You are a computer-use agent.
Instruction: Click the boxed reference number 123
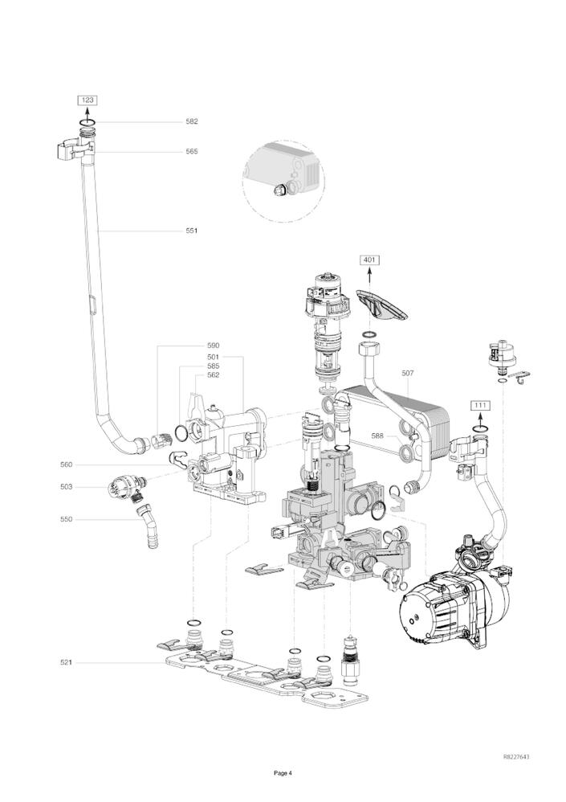(88, 100)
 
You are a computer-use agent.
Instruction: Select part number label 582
(191, 121)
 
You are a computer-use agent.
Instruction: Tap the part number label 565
(191, 151)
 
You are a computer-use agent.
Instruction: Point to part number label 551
(191, 231)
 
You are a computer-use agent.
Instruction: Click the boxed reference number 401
(369, 260)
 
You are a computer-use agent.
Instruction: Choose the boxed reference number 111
(480, 405)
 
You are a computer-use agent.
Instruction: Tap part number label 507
(408, 373)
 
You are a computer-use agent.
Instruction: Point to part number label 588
(377, 436)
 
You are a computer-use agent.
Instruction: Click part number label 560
(66, 464)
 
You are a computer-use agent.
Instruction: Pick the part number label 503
(66, 486)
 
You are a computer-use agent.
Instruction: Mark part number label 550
(66, 519)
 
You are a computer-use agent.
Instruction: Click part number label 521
(66, 662)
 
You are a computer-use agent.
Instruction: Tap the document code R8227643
(516, 757)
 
